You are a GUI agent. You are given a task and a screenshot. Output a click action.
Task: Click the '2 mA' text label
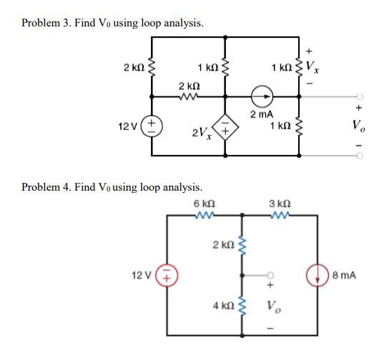coord(260,114)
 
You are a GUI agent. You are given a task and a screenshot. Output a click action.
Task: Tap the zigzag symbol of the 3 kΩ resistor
coord(278,215)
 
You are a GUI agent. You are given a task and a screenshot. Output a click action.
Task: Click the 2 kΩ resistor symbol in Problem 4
coord(241,246)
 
